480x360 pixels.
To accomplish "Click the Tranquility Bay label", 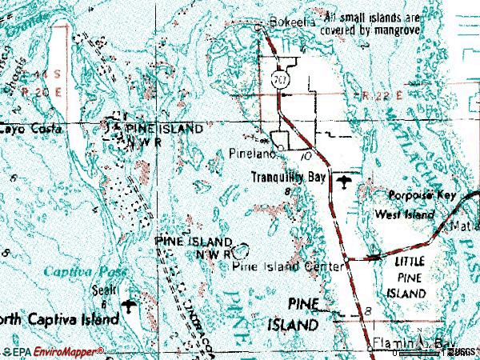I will coord(289,178).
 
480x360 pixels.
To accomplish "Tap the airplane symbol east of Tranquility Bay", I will coord(345,183).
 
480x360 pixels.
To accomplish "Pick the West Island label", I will coord(406,214).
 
